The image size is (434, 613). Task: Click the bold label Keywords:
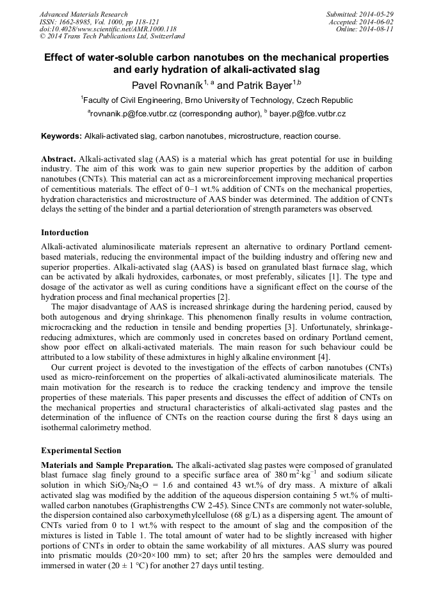coord(61,136)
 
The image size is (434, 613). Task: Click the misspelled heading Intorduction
coord(65,233)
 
